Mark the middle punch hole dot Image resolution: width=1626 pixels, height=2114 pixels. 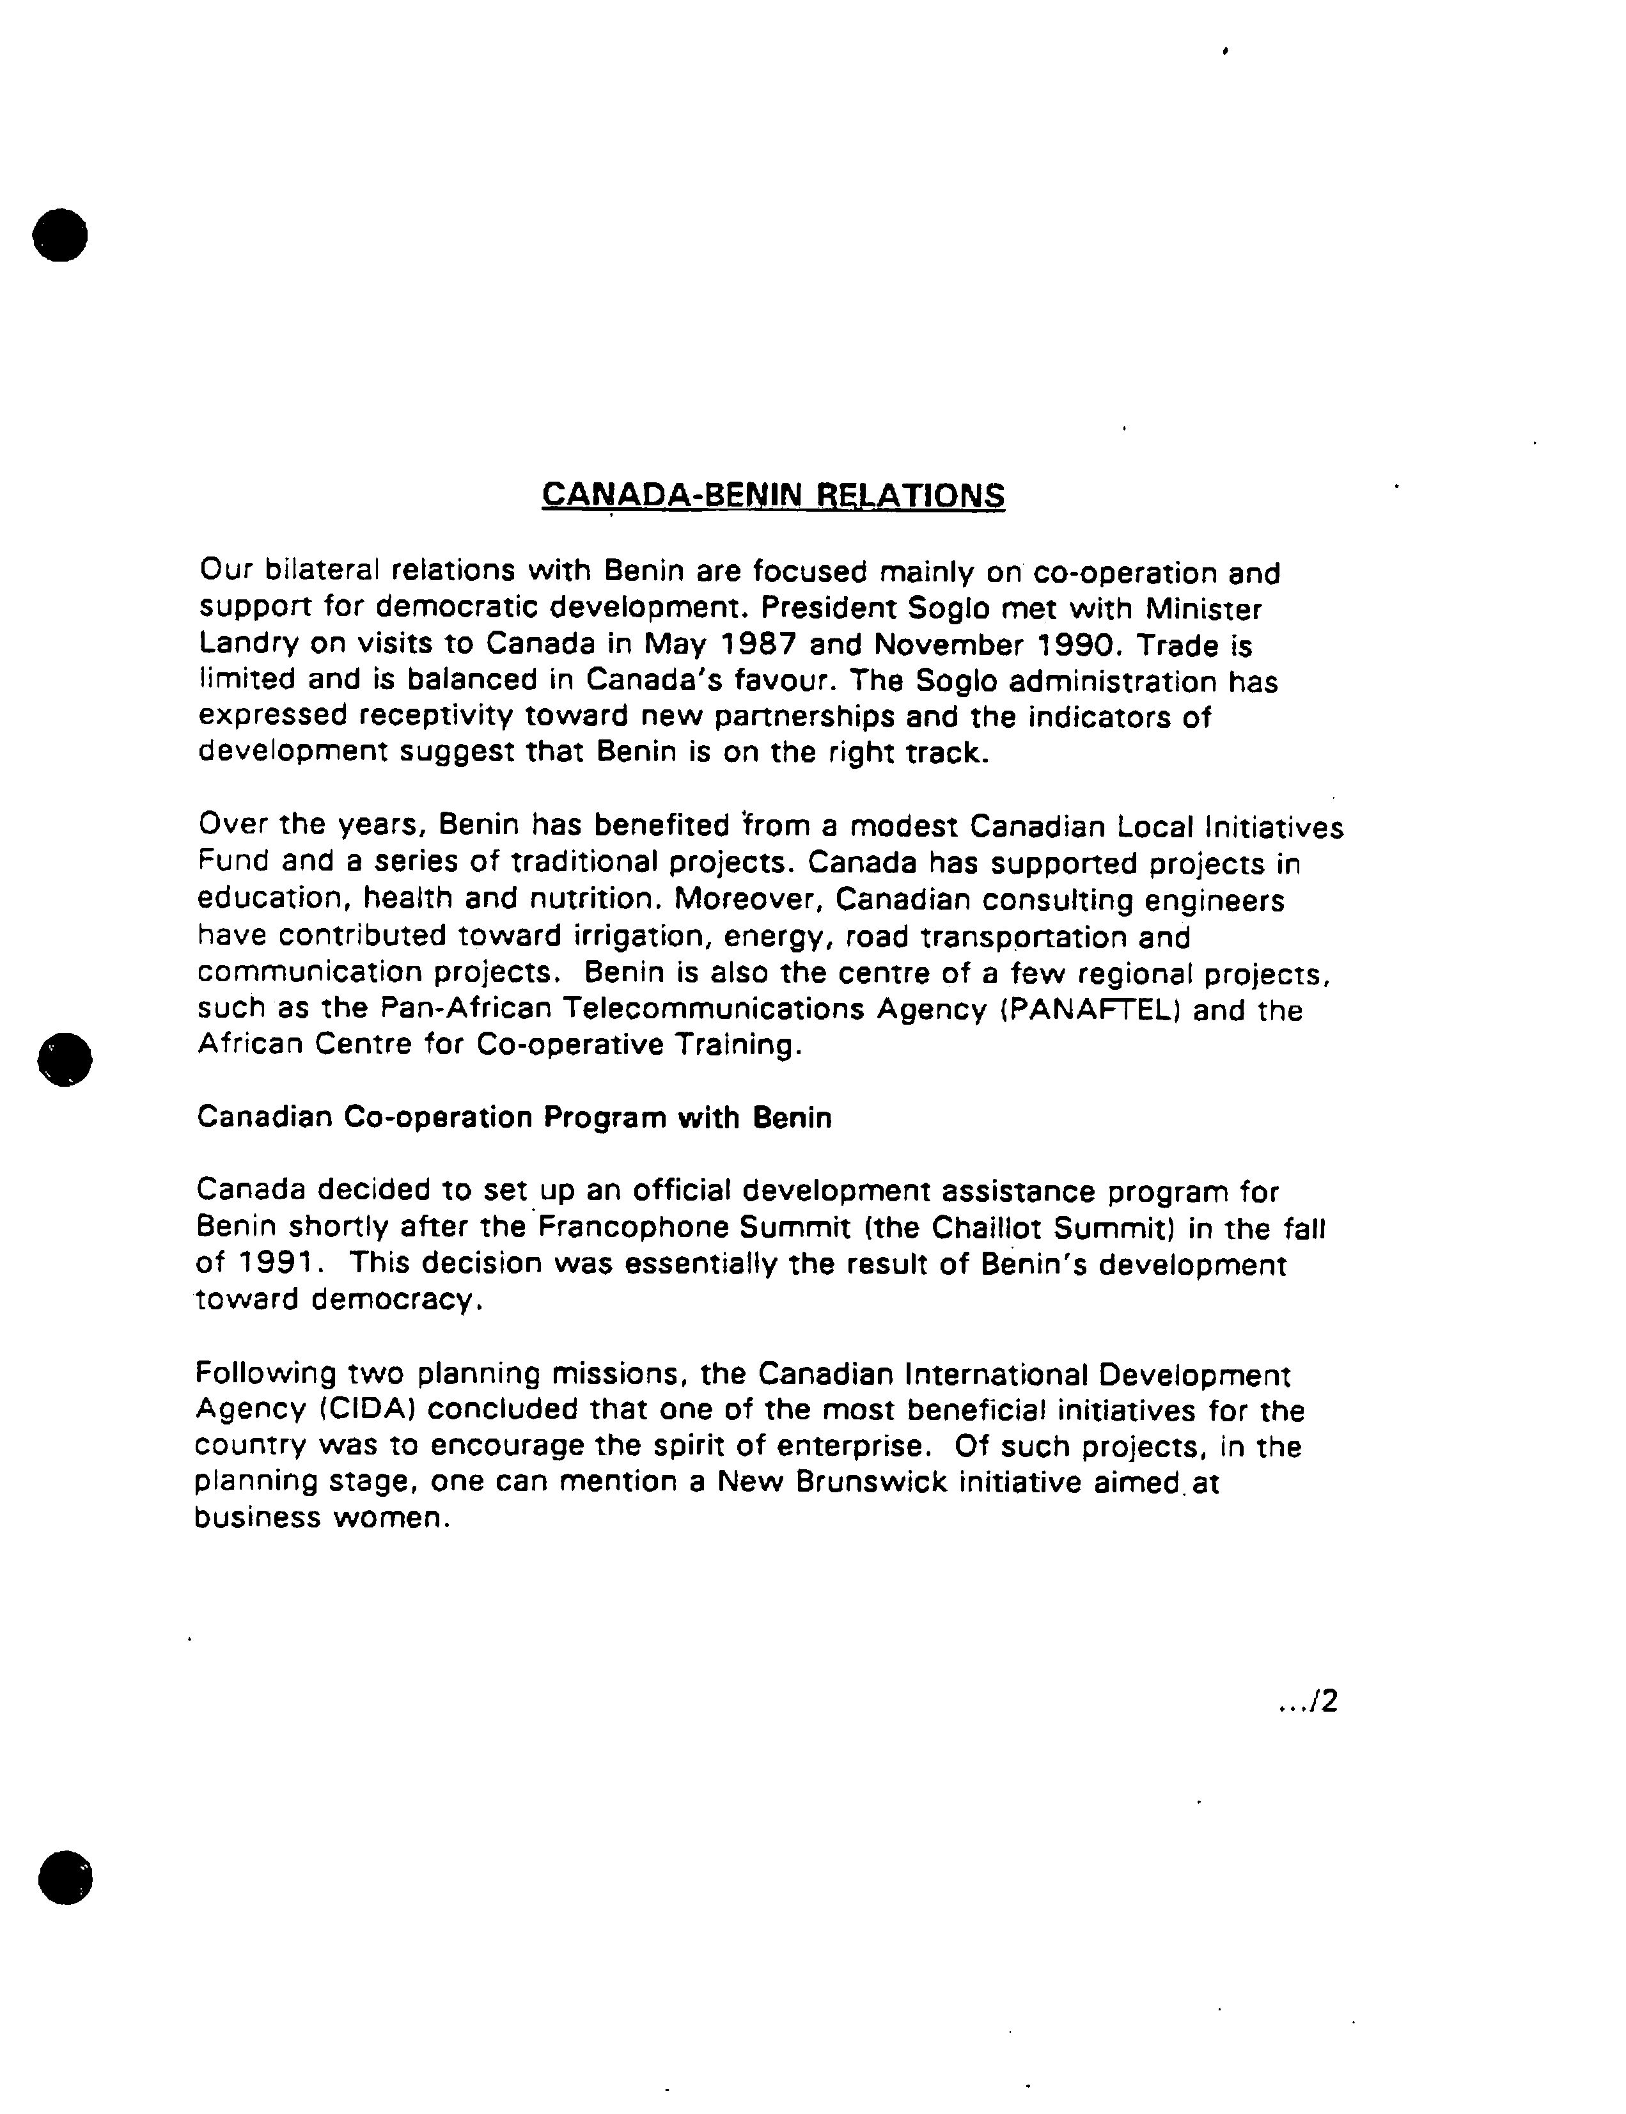pos(65,1060)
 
